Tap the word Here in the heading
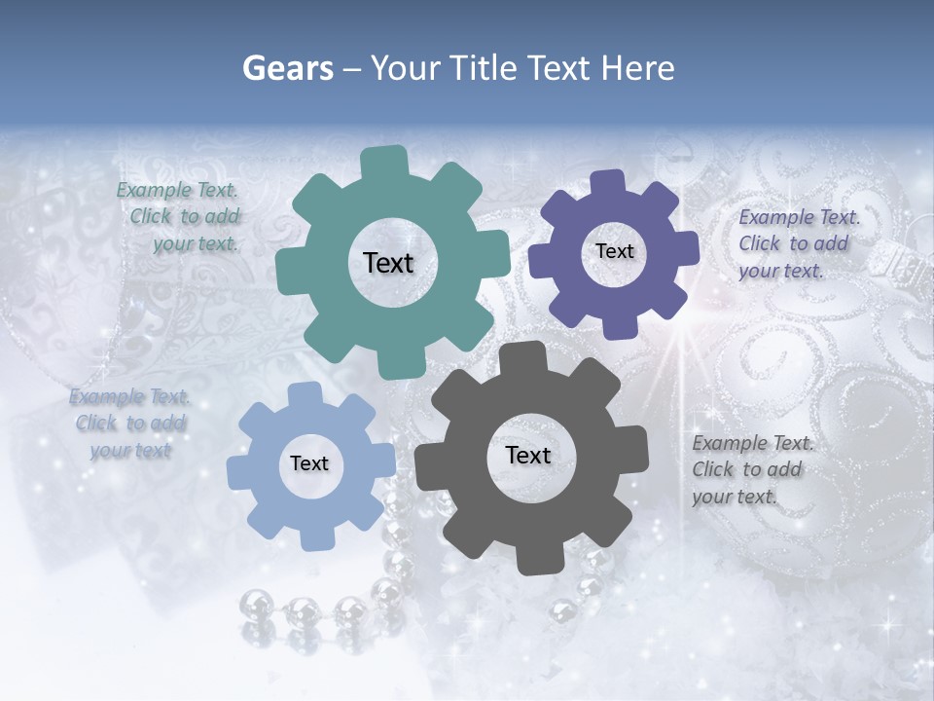pos(637,68)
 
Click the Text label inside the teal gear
pos(388,263)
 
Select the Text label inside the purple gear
pos(614,251)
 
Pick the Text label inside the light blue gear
pos(309,463)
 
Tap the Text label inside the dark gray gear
pos(528,455)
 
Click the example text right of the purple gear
pos(798,243)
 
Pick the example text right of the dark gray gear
pos(751,469)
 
